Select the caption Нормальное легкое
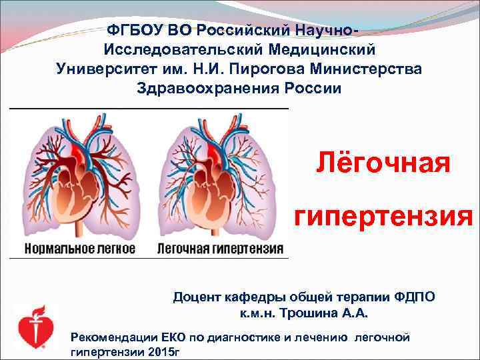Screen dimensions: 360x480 point(80,249)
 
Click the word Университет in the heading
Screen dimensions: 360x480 point(101,69)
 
